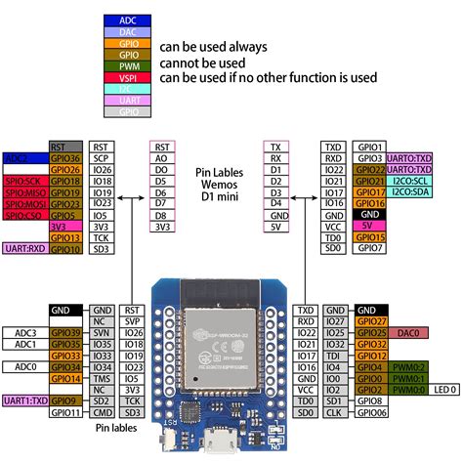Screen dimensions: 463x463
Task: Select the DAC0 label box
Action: (410, 334)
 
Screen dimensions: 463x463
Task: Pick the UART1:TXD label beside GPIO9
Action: (25, 400)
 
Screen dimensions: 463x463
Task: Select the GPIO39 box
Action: (65, 334)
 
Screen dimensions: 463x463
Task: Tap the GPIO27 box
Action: (371, 320)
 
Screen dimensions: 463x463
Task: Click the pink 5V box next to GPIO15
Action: (371, 224)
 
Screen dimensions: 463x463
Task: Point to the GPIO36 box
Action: (65, 156)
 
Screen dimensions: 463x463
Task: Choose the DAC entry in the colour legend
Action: (128, 32)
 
